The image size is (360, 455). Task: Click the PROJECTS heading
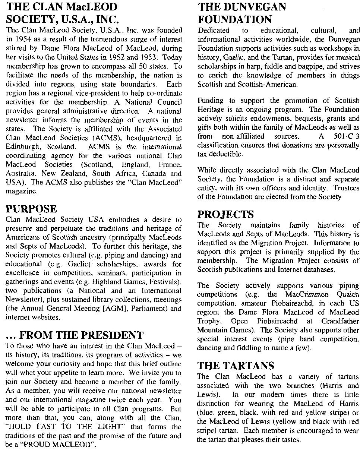(x=226, y=215)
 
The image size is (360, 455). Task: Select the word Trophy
(x=209, y=321)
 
